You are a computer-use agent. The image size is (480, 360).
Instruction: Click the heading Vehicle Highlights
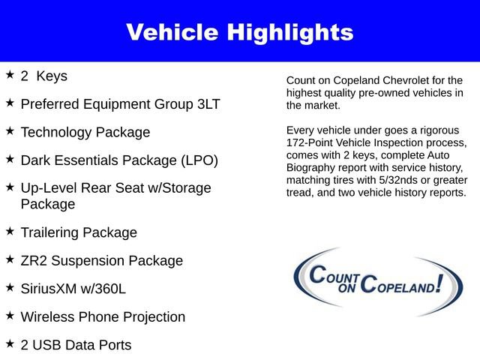coord(239,32)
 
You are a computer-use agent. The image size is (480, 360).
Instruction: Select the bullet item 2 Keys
coord(44,76)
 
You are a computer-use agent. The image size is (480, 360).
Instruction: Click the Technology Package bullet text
coord(85,132)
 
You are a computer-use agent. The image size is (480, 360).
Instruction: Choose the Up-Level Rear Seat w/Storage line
coord(116,188)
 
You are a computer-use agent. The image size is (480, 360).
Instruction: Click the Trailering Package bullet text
coord(79,232)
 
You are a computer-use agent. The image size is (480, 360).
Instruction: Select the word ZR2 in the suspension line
coord(35,261)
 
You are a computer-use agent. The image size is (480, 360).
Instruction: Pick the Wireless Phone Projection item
coord(103,316)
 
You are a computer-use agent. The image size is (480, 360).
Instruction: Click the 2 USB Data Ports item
coord(76,345)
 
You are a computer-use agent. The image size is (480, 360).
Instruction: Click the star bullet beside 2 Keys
coord(10,75)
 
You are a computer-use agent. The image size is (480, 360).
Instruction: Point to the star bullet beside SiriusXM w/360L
coord(10,287)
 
